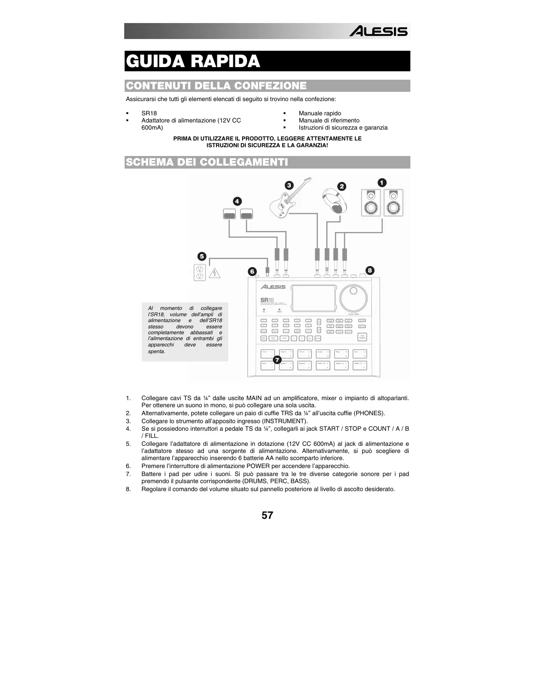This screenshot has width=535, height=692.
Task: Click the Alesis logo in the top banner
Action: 378,31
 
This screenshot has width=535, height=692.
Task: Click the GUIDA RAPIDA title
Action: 193,61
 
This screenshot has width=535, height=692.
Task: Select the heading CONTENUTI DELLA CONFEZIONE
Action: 216,86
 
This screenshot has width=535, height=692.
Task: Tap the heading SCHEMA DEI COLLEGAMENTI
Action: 207,162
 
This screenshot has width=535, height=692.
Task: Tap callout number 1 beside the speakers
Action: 381,183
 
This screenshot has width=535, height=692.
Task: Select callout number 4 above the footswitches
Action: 237,201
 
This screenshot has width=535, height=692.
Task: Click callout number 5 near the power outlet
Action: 202,256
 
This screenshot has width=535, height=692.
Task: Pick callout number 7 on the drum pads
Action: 277,360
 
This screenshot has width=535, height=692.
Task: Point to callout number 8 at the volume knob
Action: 370,271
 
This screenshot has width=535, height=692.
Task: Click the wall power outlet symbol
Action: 200,273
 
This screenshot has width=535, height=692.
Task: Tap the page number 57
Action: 267,515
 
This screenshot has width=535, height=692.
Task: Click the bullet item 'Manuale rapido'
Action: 320,113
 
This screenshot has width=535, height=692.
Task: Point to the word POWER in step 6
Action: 258,466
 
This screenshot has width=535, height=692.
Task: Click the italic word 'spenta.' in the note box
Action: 157,351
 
